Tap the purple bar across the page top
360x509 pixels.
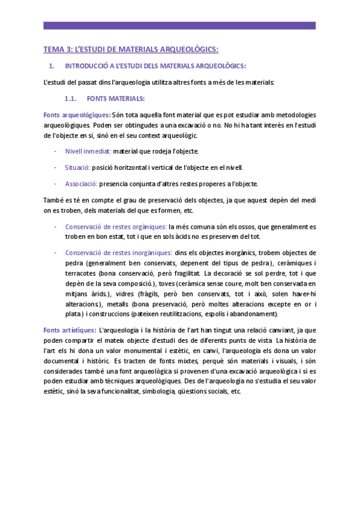pos(179,26)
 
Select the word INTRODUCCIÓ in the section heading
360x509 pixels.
pos(88,65)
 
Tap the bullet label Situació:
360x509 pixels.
pos(77,167)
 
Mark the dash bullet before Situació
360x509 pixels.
pos(56,167)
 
